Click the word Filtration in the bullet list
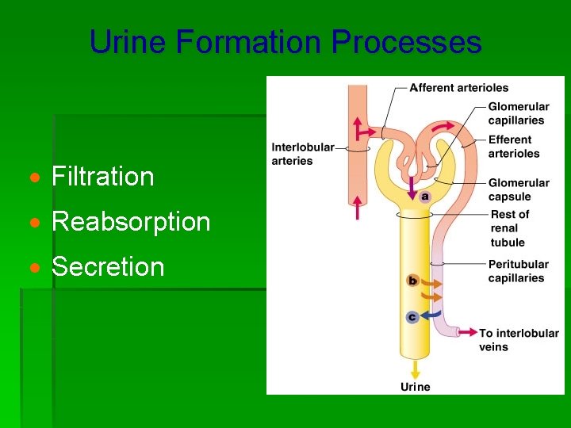click(102, 176)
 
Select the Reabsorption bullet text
click(131, 222)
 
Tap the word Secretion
click(108, 267)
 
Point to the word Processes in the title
click(406, 41)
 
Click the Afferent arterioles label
click(458, 87)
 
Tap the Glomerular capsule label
click(519, 189)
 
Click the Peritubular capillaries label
click(518, 271)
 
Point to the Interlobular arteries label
click(303, 154)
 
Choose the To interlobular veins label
click(519, 339)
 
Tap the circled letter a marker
click(425, 196)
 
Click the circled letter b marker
click(412, 280)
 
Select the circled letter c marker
click(412, 317)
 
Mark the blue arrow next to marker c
click(433, 315)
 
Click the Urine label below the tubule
click(415, 387)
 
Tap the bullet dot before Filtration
click(37, 177)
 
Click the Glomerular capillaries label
click(519, 113)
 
